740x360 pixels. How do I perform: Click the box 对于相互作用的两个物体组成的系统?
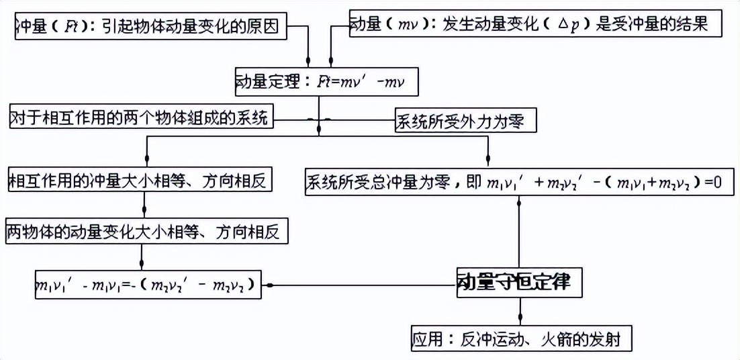[x=140, y=119]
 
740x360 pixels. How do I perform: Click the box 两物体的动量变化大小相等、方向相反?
[x=147, y=232]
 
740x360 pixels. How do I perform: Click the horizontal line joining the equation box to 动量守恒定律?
[x=363, y=285]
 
